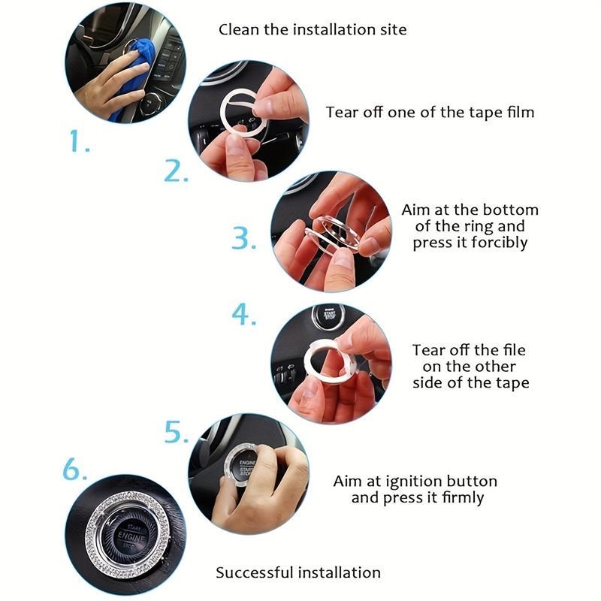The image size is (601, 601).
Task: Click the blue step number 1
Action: pyautogui.click(x=78, y=140)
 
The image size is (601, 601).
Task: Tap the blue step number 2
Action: pyautogui.click(x=176, y=171)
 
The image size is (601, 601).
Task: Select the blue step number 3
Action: pyautogui.click(x=243, y=238)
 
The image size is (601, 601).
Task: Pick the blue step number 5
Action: pyautogui.click(x=177, y=433)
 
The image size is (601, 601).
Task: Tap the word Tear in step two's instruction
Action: pyautogui.click(x=341, y=112)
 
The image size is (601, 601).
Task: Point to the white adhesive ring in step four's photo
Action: pyautogui.click(x=329, y=367)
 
